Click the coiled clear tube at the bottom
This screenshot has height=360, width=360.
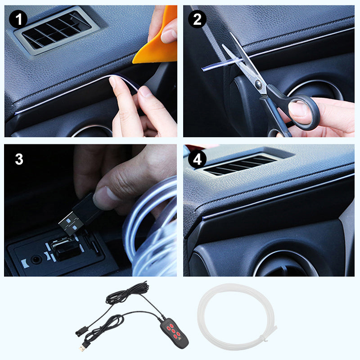click(x=238, y=315)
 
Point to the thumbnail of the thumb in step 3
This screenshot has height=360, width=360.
click(x=103, y=198)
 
